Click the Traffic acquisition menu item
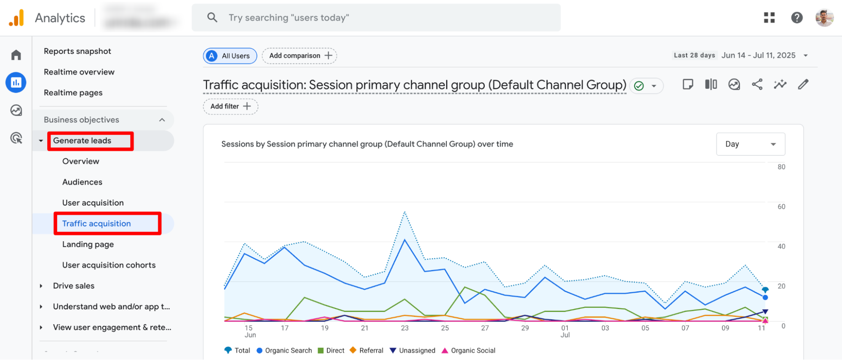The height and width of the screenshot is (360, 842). (x=96, y=224)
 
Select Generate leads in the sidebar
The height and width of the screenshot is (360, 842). (x=82, y=141)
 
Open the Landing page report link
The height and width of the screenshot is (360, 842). (x=88, y=244)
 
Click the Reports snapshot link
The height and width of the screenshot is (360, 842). (x=78, y=51)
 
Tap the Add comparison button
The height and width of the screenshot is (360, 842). (x=299, y=56)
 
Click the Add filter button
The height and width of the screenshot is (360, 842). (x=230, y=106)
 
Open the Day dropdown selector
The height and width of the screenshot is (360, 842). (x=750, y=144)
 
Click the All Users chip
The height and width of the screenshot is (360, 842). (x=230, y=56)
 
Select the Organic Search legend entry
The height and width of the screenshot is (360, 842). (x=284, y=350)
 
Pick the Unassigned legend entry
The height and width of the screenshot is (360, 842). (x=413, y=350)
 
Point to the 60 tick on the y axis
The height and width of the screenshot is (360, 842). (x=781, y=207)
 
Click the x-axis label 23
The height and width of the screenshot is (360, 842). (x=405, y=328)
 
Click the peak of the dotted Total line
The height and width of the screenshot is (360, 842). (x=405, y=212)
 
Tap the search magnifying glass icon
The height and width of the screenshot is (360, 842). (x=212, y=18)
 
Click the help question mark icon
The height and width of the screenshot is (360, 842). (x=797, y=18)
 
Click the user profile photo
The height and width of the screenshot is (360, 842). (x=824, y=18)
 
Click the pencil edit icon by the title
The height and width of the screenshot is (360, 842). (x=803, y=85)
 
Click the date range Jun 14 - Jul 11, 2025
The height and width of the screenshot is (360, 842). (x=758, y=56)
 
